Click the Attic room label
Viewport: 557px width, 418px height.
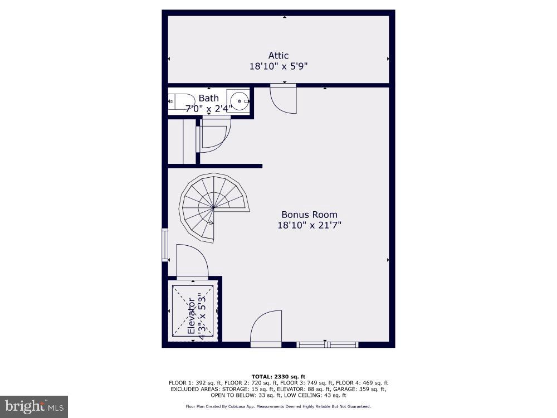[278, 56]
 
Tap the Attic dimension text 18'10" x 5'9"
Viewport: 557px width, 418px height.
[278, 66]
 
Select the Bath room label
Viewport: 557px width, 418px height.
[209, 99]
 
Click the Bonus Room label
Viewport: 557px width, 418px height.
[309, 215]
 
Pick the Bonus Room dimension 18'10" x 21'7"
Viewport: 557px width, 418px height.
[309, 225]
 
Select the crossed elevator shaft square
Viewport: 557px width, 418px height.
[193, 311]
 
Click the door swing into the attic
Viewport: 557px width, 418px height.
[284, 99]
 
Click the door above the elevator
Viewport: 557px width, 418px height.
[192, 261]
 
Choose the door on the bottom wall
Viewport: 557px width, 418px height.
[266, 329]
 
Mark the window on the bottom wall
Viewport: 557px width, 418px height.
[328, 345]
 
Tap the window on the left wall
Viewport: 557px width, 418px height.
[165, 245]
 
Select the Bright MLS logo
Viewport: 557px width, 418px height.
[34, 406]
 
